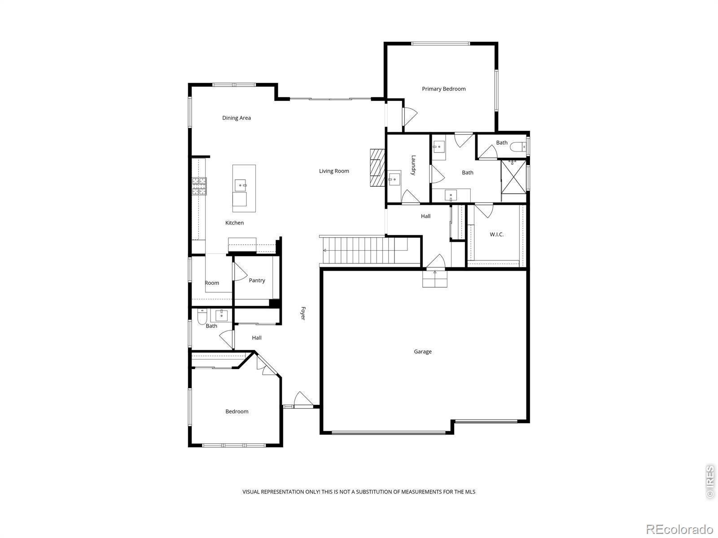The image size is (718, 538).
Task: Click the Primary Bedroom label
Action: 443,89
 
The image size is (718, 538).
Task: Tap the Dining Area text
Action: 236,118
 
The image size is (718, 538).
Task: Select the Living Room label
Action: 334,171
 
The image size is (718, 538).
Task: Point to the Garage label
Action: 423,351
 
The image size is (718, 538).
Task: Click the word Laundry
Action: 413,165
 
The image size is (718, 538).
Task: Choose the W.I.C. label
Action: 497,234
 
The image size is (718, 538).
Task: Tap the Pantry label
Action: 257,280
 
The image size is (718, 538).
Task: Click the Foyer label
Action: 303,313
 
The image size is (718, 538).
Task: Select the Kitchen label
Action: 235,223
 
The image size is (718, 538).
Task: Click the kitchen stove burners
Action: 199,186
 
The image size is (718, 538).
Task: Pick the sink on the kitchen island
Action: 241,186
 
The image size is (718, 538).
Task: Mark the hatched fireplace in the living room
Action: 377,168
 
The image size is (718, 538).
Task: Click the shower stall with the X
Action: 513,177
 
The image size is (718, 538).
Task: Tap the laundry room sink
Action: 394,179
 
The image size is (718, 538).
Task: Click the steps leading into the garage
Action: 435,278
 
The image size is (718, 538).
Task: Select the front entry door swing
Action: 303,399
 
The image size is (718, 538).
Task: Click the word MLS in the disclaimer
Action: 470,492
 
